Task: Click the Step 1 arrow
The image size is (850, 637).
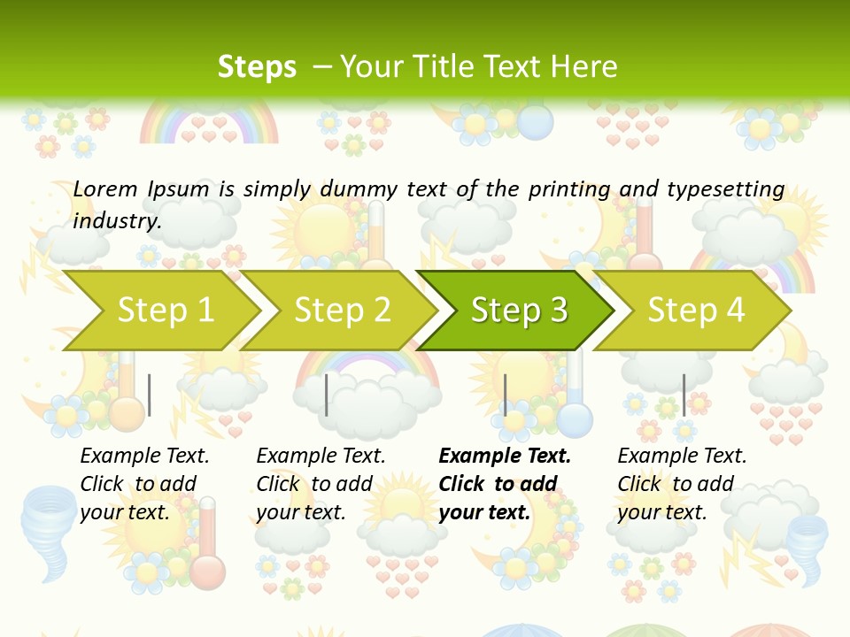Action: [166, 311]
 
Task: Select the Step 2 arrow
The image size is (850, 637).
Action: [343, 311]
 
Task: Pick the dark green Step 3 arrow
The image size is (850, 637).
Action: [519, 311]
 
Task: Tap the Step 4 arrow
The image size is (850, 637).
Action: [696, 311]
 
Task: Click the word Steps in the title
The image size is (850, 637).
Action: [257, 67]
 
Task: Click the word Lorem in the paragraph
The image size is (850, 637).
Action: [105, 188]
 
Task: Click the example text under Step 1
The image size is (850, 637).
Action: [144, 484]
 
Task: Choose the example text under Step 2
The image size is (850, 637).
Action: [321, 484]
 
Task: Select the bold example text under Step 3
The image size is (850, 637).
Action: [505, 484]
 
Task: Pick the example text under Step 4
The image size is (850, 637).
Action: [682, 484]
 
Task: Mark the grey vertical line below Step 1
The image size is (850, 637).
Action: [150, 395]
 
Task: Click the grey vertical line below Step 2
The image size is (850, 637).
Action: [327, 395]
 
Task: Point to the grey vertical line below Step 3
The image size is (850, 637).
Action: [505, 395]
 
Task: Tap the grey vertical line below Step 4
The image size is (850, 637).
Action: [684, 395]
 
